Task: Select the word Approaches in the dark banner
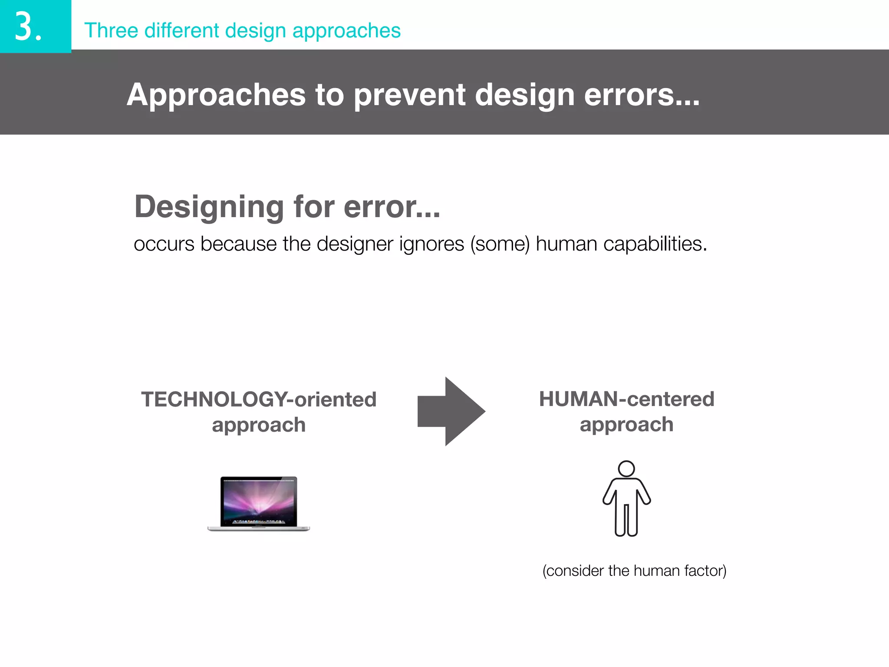pyautogui.click(x=216, y=95)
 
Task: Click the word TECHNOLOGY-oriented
pyautogui.click(x=259, y=399)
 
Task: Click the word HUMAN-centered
pyautogui.click(x=626, y=399)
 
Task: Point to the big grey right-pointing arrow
pyautogui.click(x=451, y=411)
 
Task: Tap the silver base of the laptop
pyautogui.click(x=259, y=528)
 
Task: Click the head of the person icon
pyautogui.click(x=626, y=469)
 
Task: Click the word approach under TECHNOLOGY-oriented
pyautogui.click(x=259, y=425)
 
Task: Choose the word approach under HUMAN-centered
pyautogui.click(x=626, y=424)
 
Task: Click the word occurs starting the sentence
pyautogui.click(x=164, y=244)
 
